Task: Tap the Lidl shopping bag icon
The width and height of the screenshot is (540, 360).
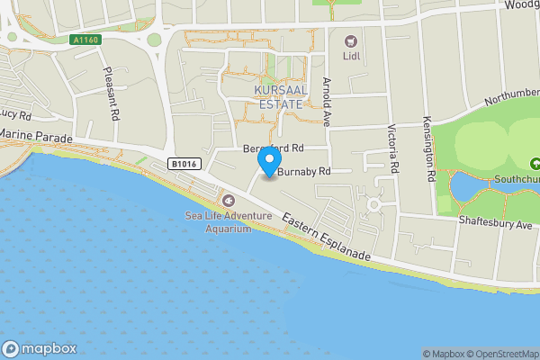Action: click(350, 40)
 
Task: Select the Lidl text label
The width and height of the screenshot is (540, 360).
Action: click(350, 58)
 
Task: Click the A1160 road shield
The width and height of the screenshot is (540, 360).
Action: click(85, 39)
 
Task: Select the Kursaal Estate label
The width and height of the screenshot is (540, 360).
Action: click(281, 98)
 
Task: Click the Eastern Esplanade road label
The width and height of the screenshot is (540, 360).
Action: click(326, 238)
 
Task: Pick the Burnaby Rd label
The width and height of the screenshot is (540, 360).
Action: click(305, 171)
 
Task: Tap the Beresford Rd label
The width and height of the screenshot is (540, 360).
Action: click(274, 147)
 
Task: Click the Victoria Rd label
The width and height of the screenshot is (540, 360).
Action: click(393, 148)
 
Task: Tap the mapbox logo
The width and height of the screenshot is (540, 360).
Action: click(40, 348)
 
